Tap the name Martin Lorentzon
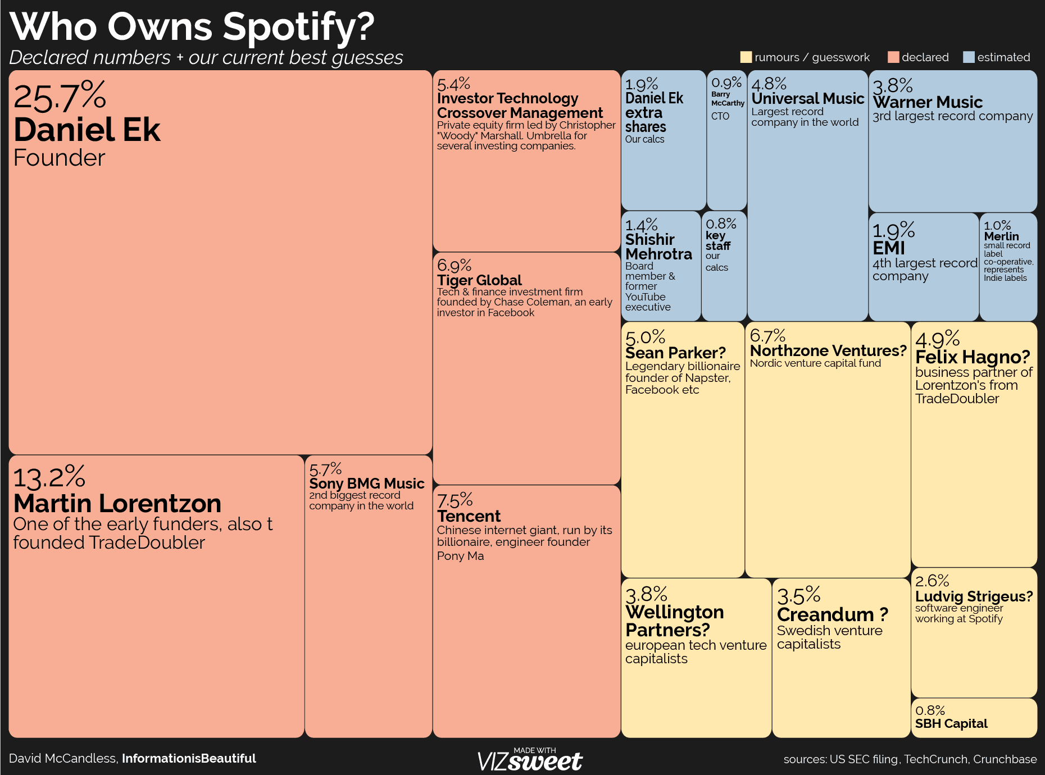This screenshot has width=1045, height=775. click(117, 503)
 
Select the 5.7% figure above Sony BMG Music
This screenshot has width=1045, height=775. click(325, 469)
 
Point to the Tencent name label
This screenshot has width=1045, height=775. click(469, 516)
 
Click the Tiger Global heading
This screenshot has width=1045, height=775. click(479, 280)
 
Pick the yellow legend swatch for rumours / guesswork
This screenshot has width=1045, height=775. click(746, 57)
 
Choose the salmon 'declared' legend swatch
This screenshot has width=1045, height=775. click(893, 57)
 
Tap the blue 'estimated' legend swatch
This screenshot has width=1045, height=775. click(969, 57)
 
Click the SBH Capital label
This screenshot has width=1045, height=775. click(951, 723)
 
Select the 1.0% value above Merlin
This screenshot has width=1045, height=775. click(997, 225)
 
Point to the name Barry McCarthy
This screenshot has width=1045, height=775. click(728, 99)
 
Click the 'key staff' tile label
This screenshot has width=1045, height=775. click(718, 240)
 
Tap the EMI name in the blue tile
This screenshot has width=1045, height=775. click(889, 248)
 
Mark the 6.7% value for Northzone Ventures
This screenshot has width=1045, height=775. click(767, 335)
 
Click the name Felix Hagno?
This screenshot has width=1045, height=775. click(973, 357)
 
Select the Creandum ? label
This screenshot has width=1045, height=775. click(832, 614)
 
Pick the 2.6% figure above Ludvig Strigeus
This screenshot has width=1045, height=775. click(932, 581)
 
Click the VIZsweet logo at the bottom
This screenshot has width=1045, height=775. click(530, 760)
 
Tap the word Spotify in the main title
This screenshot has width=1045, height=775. click(298, 27)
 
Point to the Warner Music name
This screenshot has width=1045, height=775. click(928, 102)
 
